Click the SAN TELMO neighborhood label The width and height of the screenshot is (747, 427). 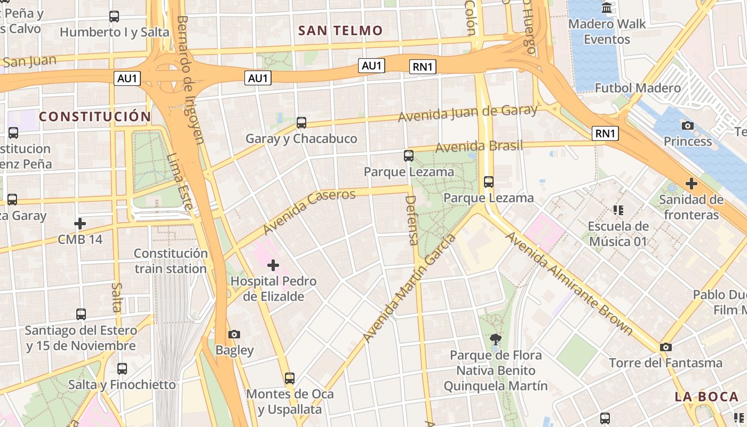coord(340,30)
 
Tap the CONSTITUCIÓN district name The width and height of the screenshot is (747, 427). coord(95,116)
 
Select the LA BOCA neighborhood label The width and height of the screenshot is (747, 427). coord(706,397)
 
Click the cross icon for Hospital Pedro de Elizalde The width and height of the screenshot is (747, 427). coord(273,265)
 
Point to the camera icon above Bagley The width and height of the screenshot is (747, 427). coord(234,335)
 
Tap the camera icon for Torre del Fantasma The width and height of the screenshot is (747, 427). coord(665,347)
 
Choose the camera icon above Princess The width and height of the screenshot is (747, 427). coord(688,125)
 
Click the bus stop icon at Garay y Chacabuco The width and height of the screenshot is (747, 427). coord(301,123)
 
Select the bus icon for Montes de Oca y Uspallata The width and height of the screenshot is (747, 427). coord(289,378)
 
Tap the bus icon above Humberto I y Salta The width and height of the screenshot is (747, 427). coord(114,17)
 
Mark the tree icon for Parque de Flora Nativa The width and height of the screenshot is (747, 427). coord(496,338)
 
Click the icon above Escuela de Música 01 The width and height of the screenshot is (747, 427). coord(618,210)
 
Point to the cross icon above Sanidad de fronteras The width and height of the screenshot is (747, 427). coord(692,184)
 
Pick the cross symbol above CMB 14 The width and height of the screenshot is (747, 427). coord(80,223)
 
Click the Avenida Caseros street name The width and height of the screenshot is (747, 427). coord(309,211)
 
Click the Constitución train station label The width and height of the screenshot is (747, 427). coord(170,261)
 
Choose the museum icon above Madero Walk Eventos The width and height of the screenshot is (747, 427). coord(607,8)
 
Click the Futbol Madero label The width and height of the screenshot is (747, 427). coord(638,88)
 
